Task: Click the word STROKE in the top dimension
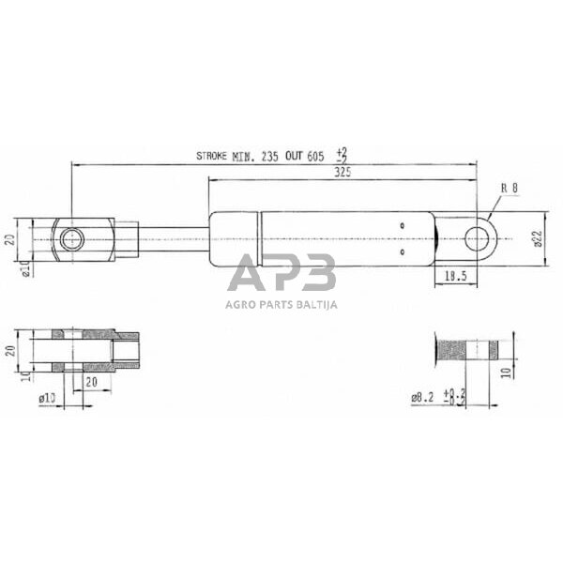212,157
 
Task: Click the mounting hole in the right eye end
478,238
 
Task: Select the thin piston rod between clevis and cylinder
174,239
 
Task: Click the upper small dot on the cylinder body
402,225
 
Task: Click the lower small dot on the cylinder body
402,251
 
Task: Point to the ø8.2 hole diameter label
422,398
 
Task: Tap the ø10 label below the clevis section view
47,400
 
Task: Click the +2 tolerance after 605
341,151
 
